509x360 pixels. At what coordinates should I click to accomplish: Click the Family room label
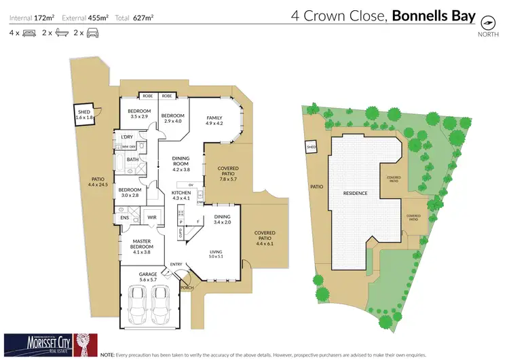coord(214,121)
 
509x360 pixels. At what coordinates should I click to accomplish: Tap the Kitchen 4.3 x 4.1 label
coord(181,195)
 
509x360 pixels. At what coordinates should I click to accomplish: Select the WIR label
coord(152,218)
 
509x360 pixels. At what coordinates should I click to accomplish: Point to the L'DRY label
coord(126,137)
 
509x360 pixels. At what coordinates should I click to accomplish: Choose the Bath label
coord(132,160)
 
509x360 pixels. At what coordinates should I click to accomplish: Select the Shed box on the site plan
coord(312,147)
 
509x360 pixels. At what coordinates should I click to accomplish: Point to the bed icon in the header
coord(29,32)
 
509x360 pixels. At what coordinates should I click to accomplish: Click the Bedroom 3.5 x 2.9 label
coord(139,113)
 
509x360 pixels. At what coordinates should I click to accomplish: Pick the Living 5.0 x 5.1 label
coord(216,255)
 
